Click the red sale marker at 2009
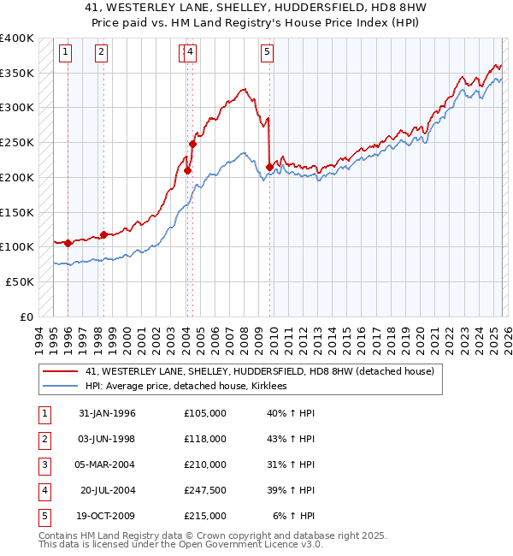[270, 167]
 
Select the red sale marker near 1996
[68, 243]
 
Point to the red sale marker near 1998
[103, 234]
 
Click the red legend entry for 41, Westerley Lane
[260, 371]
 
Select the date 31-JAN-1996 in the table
[107, 413]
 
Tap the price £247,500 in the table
[204, 490]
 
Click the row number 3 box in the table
[43, 464]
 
